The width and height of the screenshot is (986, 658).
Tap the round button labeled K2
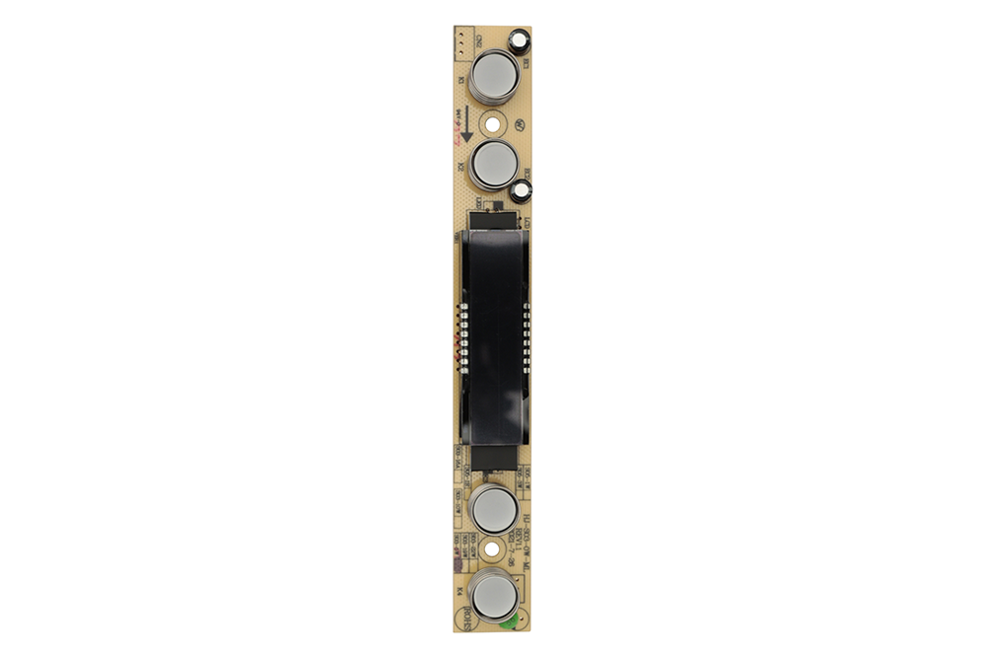click(493, 163)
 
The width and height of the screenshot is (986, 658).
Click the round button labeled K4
click(492, 596)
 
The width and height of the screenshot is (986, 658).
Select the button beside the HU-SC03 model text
click(492, 510)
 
